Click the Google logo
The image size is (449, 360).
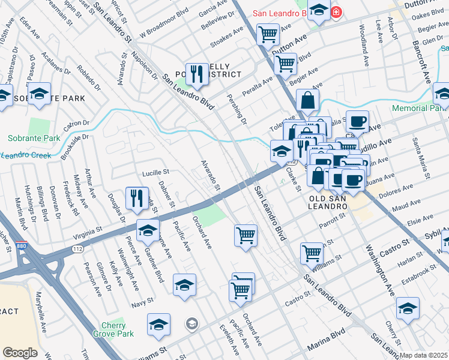(x=20, y=353)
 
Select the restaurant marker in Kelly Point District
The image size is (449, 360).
(x=196, y=74)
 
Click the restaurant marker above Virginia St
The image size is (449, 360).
(x=137, y=198)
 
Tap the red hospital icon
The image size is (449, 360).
(x=337, y=11)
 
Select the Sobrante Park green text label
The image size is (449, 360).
(x=34, y=138)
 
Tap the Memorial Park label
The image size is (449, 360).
(x=420, y=109)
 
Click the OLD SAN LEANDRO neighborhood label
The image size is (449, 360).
(x=328, y=202)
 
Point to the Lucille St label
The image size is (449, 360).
(x=155, y=172)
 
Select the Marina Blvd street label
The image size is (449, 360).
(x=326, y=347)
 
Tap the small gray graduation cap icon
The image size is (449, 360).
(x=192, y=325)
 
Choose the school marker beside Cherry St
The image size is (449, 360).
(x=408, y=308)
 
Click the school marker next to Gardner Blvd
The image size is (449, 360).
(x=148, y=230)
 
